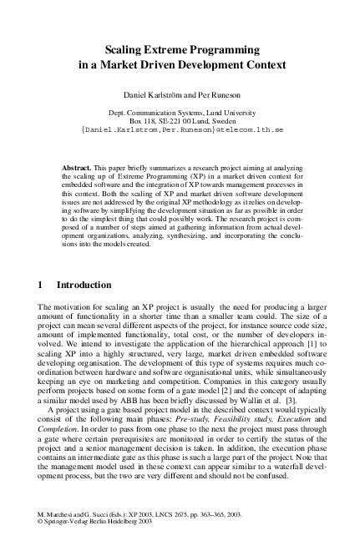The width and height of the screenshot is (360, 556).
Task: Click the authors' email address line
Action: coord(180,131)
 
